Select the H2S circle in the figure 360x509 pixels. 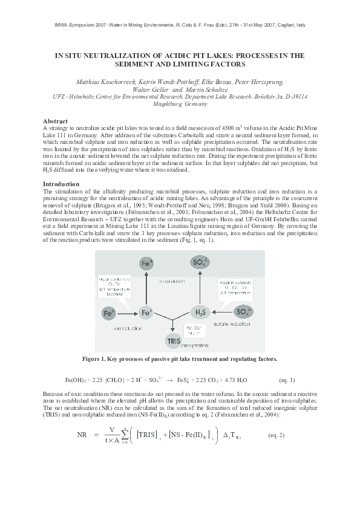200,313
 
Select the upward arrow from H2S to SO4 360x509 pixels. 200,289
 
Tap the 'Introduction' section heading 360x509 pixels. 61,183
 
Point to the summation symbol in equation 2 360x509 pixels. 125,435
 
